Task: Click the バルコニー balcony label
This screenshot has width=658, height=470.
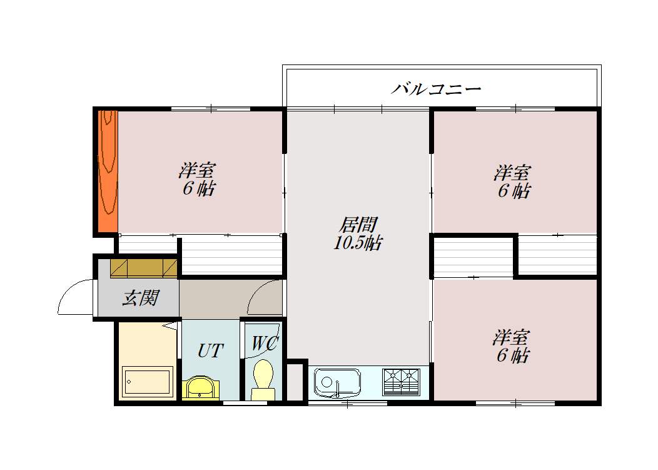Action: (x=436, y=88)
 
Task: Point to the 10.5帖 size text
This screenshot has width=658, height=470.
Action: (x=358, y=243)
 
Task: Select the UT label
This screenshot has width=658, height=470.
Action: (x=210, y=350)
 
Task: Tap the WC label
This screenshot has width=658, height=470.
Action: (x=265, y=344)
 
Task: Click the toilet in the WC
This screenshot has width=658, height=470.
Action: (x=263, y=378)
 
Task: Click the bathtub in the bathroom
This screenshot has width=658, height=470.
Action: (x=147, y=381)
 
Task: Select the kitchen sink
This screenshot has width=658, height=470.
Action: (x=337, y=382)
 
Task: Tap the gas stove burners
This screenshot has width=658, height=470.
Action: (x=400, y=381)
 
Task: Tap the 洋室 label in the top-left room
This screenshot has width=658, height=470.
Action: (x=198, y=170)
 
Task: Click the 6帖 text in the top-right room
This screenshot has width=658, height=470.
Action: (x=514, y=191)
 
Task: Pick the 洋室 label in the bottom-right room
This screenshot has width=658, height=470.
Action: (x=510, y=338)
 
